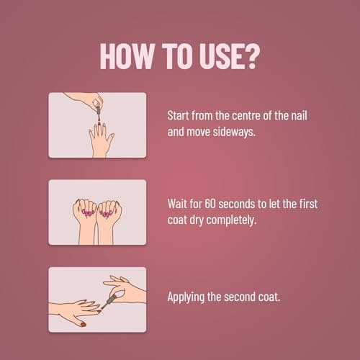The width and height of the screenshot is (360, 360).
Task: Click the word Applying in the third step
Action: coord(187,296)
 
